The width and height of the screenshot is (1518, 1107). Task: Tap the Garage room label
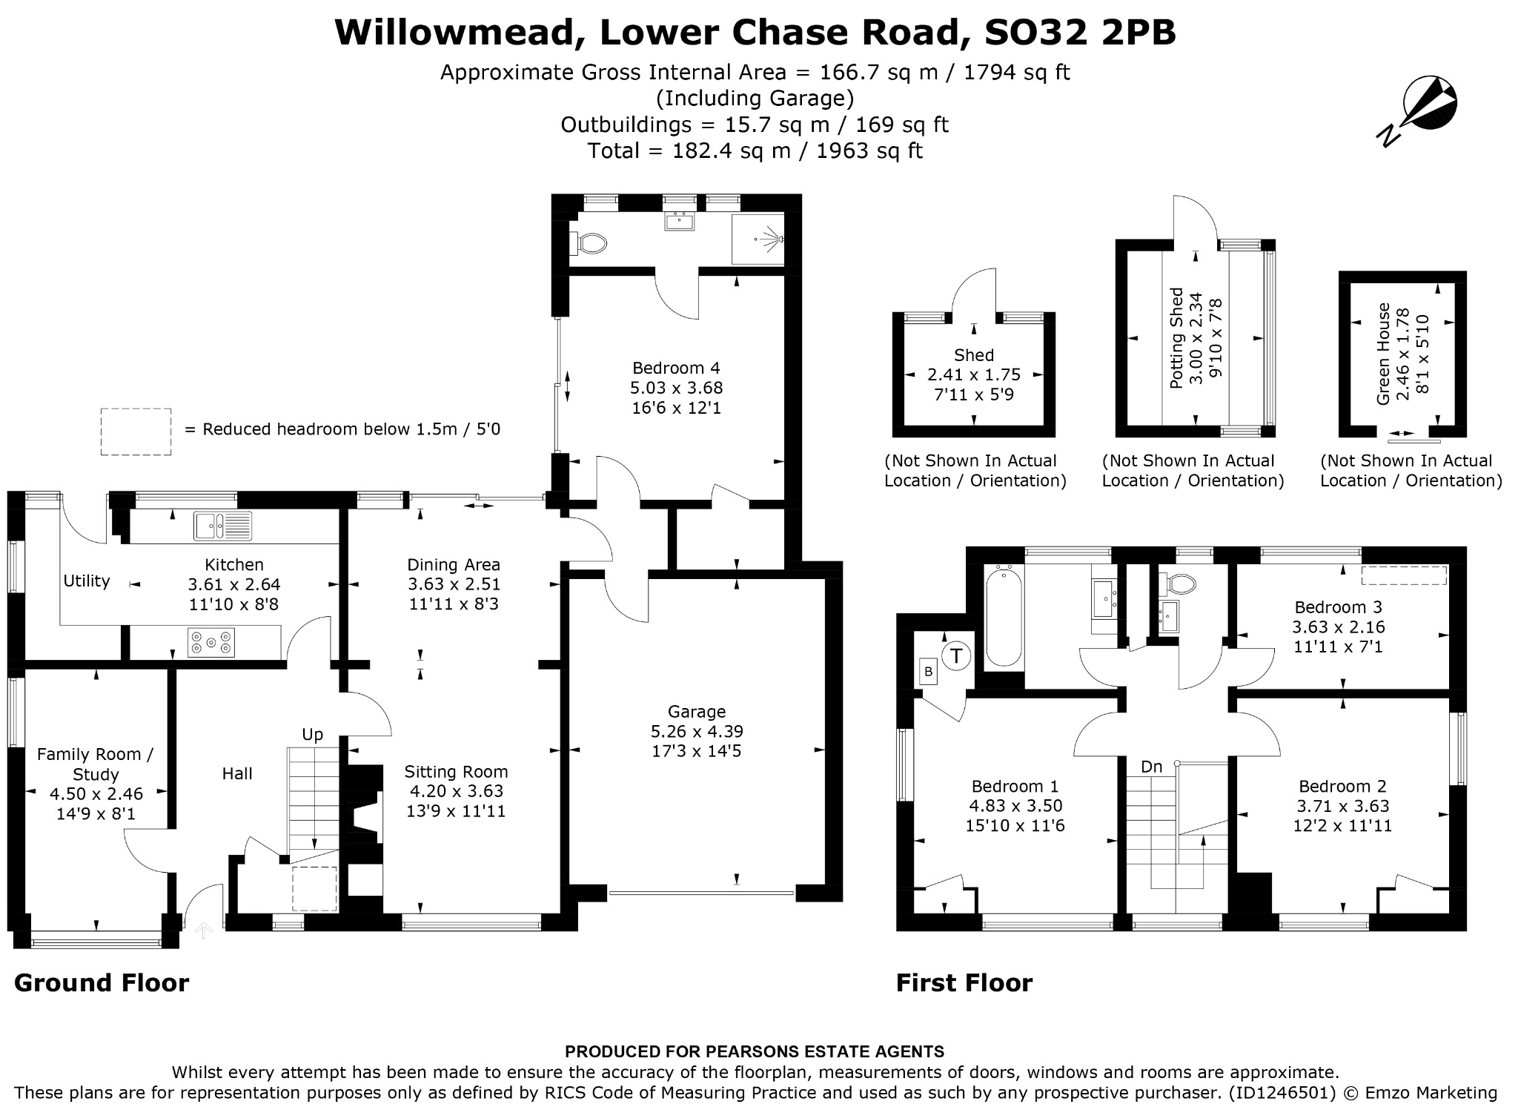point(696,712)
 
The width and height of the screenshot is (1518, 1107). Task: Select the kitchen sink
point(222,526)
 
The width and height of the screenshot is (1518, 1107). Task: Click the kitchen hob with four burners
point(211,642)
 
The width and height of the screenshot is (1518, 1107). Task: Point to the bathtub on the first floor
point(1004,616)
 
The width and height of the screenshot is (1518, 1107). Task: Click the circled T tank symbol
point(957,656)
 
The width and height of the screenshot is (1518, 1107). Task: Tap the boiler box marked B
point(928,673)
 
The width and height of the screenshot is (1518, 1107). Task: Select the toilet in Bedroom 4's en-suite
point(589,242)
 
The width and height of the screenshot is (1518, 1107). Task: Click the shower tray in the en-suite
point(758,239)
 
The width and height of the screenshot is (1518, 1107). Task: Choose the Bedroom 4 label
point(676,368)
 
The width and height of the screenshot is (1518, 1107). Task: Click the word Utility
point(87,581)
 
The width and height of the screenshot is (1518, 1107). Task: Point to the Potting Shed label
point(1176,338)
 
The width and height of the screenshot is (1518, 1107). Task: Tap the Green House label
point(1383,354)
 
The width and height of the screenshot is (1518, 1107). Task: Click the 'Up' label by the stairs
point(312,735)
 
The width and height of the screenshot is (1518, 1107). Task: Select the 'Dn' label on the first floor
point(1151,767)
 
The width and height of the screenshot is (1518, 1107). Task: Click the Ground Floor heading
point(102,983)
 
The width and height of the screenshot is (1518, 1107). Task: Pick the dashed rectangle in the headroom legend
point(136,432)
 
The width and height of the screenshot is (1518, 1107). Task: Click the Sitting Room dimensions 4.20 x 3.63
point(455,791)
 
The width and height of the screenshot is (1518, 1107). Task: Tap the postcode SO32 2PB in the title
point(1080,32)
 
